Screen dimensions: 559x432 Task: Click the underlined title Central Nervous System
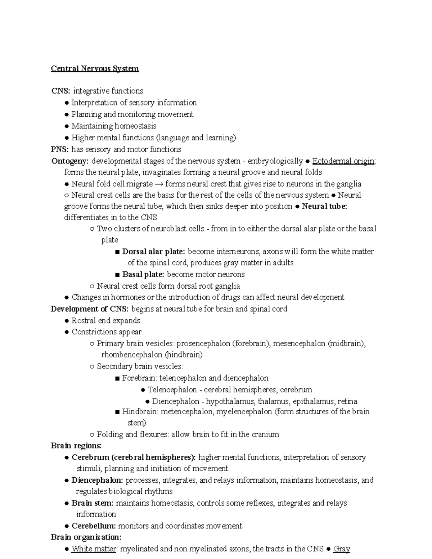(x=95, y=68)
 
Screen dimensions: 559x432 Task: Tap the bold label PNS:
(x=60, y=149)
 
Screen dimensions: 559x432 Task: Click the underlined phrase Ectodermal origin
(x=343, y=161)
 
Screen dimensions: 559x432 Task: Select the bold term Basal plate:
(x=143, y=274)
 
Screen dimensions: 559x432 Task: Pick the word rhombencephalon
(x=132, y=355)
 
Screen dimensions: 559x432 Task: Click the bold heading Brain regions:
(x=76, y=446)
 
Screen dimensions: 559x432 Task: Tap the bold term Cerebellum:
(x=94, y=526)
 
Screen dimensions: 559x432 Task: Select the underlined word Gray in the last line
(x=342, y=549)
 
